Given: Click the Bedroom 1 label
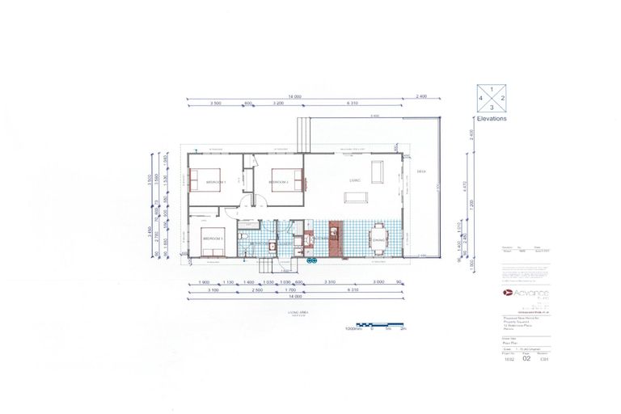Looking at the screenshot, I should click(x=213, y=181).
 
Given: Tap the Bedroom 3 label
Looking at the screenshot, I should click(x=212, y=239).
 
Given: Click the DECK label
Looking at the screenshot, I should click(x=421, y=171).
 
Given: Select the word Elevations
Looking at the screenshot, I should click(x=492, y=118).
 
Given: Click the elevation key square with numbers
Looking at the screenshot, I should click(x=492, y=98).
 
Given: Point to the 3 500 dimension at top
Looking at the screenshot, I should click(x=215, y=103).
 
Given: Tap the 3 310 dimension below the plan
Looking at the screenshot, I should click(x=330, y=281).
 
